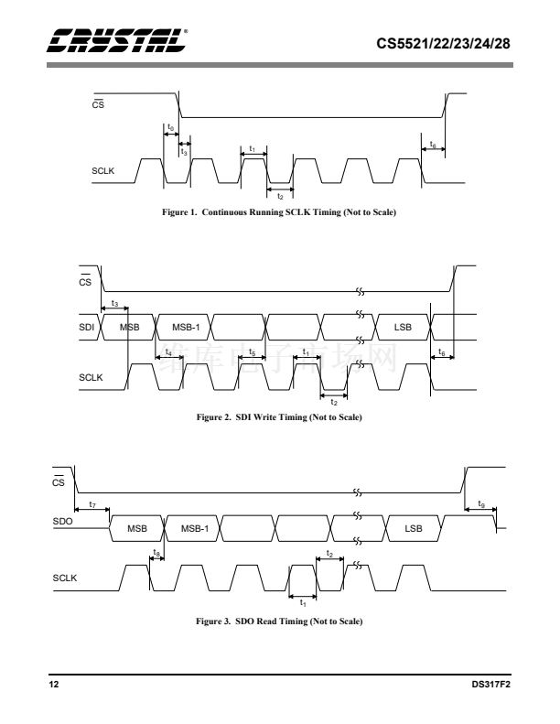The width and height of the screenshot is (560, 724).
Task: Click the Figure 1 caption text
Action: coord(280,212)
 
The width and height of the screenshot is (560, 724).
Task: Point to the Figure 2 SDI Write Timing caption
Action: coord(280,417)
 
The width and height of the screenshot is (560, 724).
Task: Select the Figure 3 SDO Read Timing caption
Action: coord(280,622)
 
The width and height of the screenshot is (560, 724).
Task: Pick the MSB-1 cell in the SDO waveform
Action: coord(194,528)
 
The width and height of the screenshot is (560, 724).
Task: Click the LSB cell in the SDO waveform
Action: coord(413,528)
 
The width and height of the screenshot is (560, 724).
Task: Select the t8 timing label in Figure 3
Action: coord(157,553)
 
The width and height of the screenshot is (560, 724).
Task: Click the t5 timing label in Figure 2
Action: coord(252,351)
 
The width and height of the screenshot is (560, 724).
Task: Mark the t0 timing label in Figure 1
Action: coord(171,127)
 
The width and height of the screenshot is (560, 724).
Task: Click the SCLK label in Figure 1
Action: coord(102,170)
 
